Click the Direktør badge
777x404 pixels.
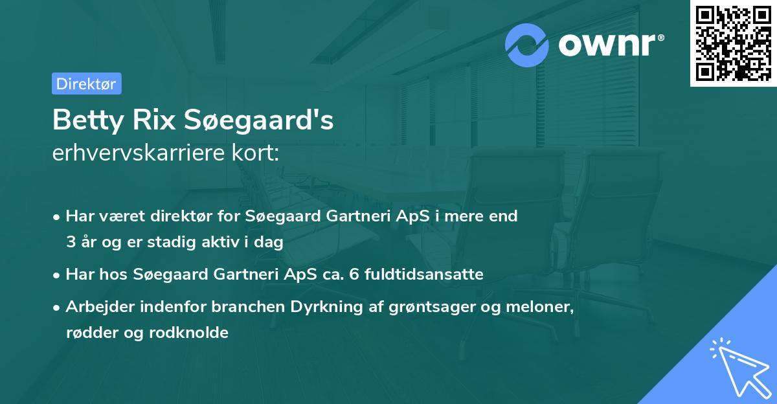86,84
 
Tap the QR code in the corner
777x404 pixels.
732,43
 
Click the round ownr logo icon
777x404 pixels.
527,45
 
